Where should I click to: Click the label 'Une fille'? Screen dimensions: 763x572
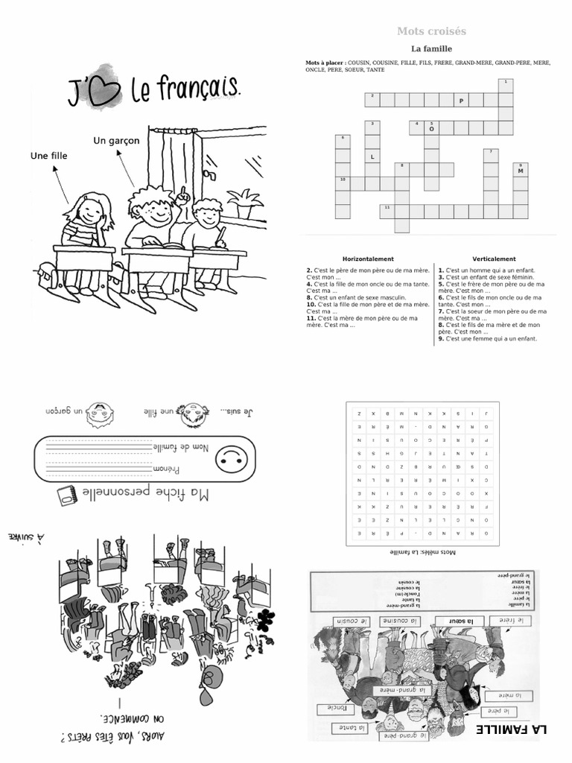[x=48, y=156]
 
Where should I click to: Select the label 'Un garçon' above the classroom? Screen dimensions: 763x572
[x=116, y=141]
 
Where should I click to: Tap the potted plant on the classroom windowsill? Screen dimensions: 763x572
[x=244, y=202]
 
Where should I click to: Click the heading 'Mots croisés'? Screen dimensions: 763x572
[x=431, y=31]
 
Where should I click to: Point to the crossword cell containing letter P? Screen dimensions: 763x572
[x=462, y=100]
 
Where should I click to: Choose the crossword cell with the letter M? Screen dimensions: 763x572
[x=520, y=171]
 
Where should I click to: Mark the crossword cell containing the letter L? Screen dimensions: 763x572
[x=372, y=156]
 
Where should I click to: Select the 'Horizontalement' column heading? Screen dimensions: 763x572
[x=366, y=259]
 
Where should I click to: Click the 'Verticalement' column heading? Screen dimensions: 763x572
[x=494, y=259]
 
